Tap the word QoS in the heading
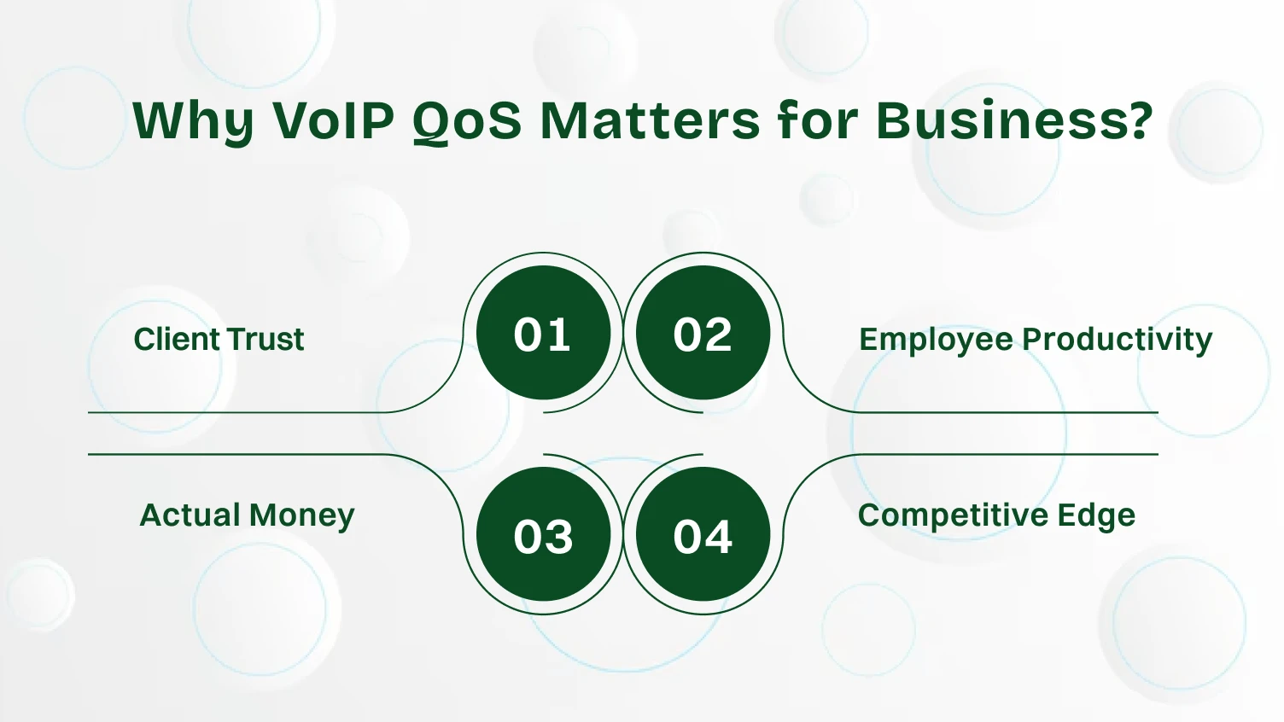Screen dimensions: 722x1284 click(467, 120)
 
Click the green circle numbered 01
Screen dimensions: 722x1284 click(543, 333)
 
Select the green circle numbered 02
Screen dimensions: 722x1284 click(703, 333)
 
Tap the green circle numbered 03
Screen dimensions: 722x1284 click(543, 535)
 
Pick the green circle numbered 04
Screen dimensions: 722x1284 click(703, 535)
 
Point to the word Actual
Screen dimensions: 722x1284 click(190, 515)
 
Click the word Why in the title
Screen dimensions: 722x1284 click(195, 120)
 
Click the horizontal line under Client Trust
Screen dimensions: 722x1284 click(239, 413)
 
